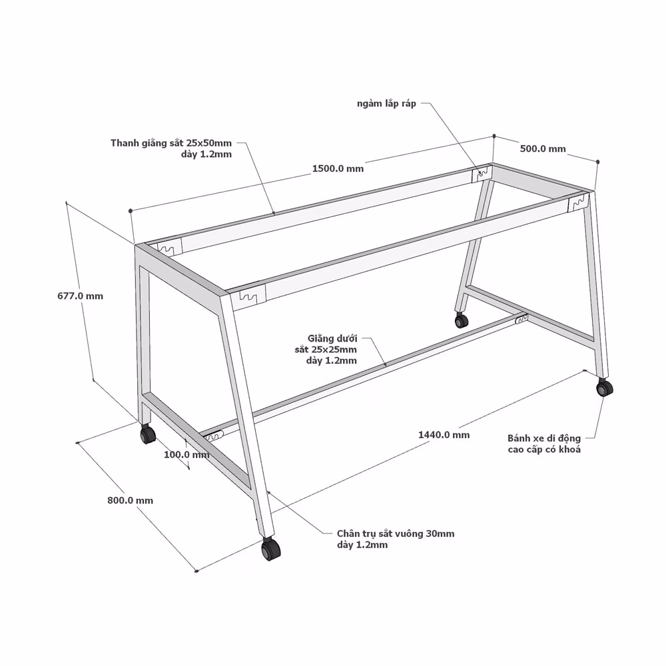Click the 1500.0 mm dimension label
(338, 168)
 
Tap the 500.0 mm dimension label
(543, 149)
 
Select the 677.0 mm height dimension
(81, 296)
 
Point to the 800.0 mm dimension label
(130, 500)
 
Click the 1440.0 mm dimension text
(444, 434)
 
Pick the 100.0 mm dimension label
(186, 454)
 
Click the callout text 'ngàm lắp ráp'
(386, 104)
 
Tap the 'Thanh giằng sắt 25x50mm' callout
(171, 143)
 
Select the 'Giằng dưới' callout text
(332, 338)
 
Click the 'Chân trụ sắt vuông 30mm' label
(396, 533)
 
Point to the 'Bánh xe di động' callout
(543, 438)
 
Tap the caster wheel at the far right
(604, 388)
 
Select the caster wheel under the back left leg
(147, 434)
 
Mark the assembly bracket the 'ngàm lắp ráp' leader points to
(482, 174)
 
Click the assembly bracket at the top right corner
(579, 202)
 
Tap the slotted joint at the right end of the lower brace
(521, 319)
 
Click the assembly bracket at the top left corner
(169, 247)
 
